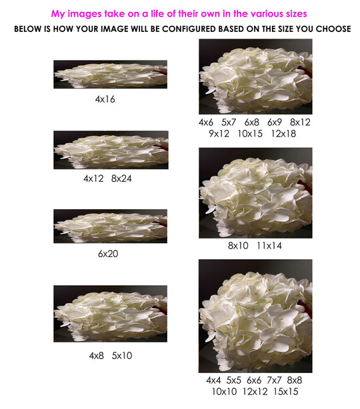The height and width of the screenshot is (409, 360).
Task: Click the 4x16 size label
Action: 105,99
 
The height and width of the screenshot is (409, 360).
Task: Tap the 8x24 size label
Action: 121,179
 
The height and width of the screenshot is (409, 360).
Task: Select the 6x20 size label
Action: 108,254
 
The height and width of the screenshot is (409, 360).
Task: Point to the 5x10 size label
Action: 122,356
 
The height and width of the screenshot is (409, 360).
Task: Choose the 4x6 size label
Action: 206,123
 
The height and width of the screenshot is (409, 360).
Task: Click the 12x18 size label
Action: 283,134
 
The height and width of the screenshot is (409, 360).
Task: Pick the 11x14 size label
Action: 269,246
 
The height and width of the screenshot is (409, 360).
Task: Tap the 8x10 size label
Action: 238,246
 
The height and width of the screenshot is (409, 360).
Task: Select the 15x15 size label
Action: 286,392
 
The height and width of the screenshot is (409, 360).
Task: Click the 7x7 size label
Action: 274,380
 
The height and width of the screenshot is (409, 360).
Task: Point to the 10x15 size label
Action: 250,134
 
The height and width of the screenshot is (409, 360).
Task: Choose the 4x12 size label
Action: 93,179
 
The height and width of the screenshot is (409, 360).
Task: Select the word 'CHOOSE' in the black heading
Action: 333,29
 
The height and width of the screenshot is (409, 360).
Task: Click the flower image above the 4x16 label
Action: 111,75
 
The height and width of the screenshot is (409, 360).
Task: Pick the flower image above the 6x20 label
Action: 111,226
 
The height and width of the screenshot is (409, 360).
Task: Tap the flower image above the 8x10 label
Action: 255,193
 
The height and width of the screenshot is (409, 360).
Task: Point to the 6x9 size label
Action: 275,123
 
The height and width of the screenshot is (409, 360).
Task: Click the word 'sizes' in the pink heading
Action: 297,13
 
